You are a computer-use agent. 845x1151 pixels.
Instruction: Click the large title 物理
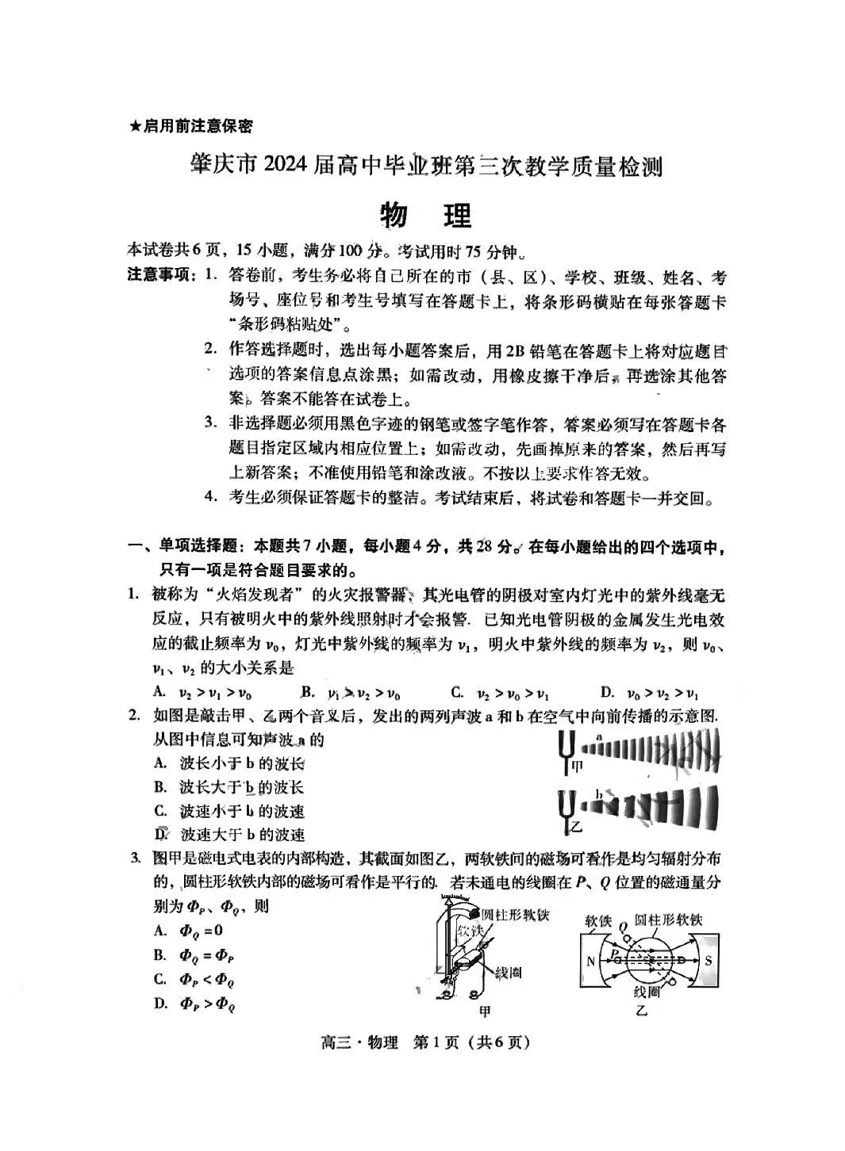pos(426,215)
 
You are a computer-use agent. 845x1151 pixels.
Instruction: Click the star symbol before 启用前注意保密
pos(135,126)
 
